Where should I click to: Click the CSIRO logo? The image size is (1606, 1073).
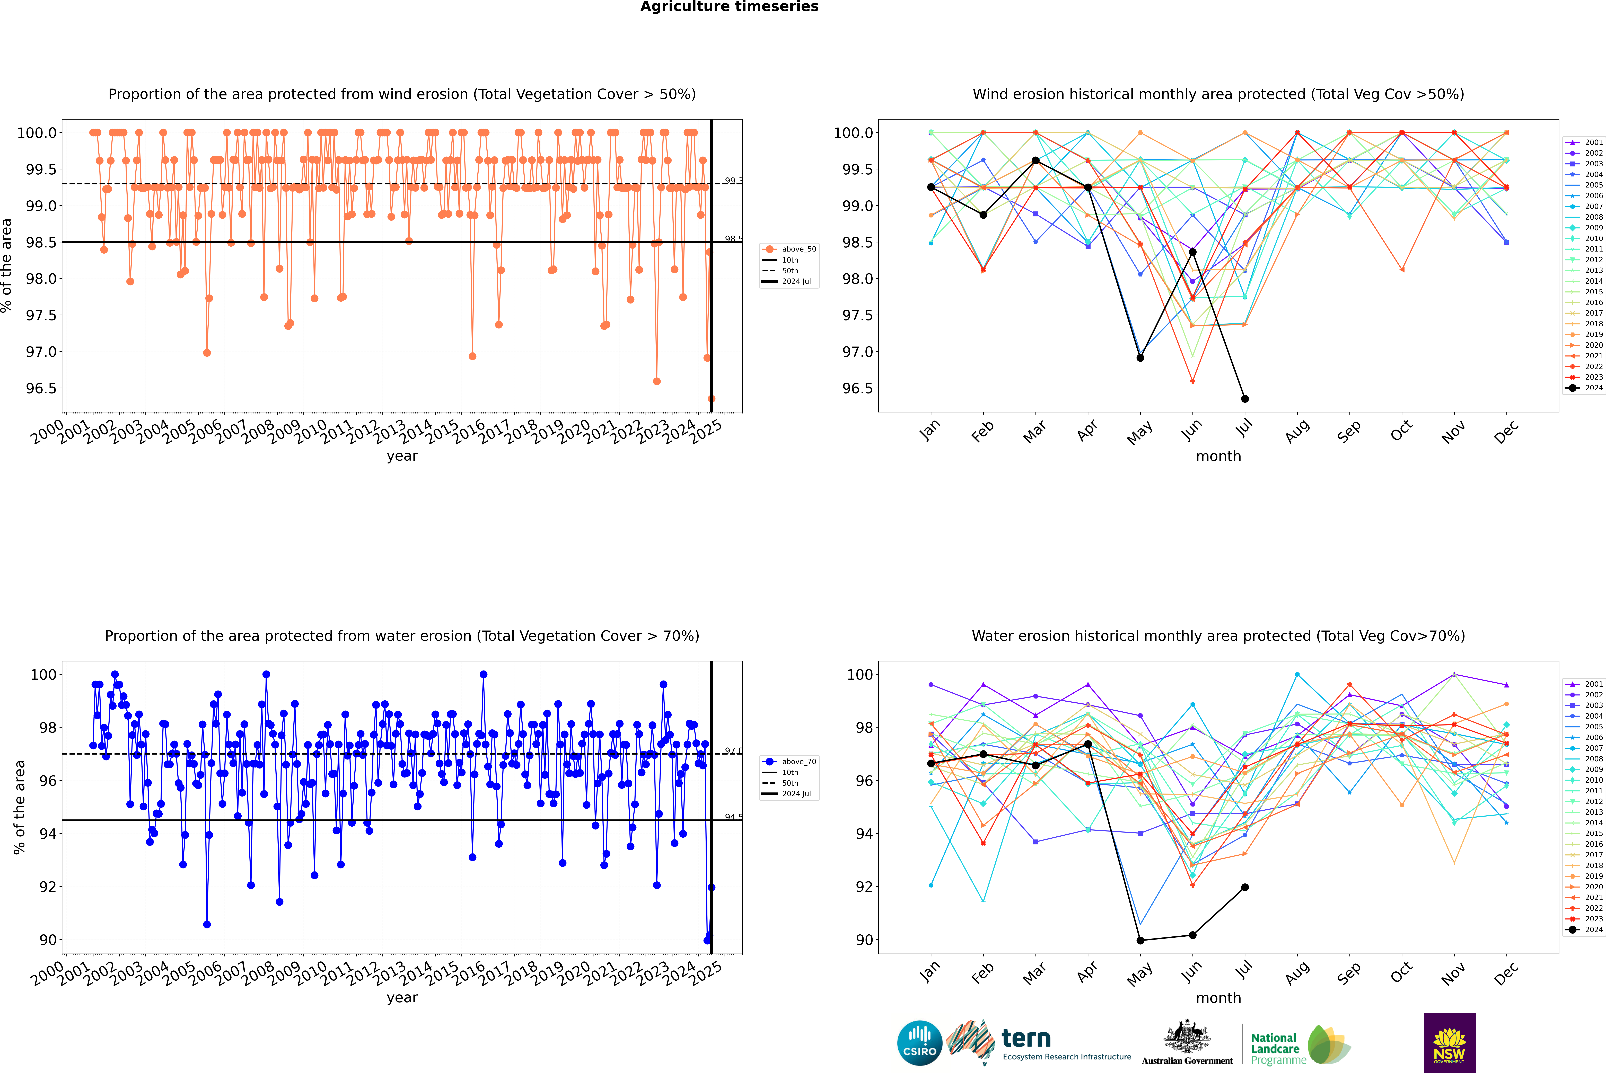(919, 1043)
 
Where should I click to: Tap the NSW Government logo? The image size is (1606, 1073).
(1449, 1043)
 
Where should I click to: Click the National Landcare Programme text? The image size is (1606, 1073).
(1275, 1048)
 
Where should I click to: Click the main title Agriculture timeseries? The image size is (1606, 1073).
(729, 7)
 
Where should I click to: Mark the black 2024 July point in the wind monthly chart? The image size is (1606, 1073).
(1244, 399)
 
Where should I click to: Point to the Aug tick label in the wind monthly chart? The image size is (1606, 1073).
(1297, 431)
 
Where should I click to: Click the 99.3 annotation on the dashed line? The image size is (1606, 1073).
(733, 181)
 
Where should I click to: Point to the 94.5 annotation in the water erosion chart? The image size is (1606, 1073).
(733, 817)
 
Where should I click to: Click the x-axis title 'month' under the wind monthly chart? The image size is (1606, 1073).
(1218, 457)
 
